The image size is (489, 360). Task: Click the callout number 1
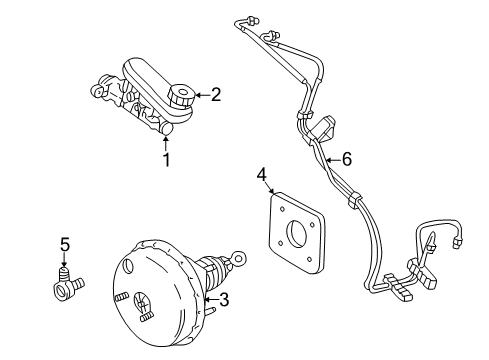click(166, 159)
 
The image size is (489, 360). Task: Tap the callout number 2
click(215, 96)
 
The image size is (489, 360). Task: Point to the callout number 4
click(262, 177)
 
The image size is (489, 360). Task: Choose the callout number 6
click(347, 159)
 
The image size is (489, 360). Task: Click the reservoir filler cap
click(181, 97)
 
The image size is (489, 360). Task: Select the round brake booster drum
click(150, 299)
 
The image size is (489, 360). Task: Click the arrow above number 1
click(166, 143)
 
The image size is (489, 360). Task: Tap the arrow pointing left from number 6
click(332, 159)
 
